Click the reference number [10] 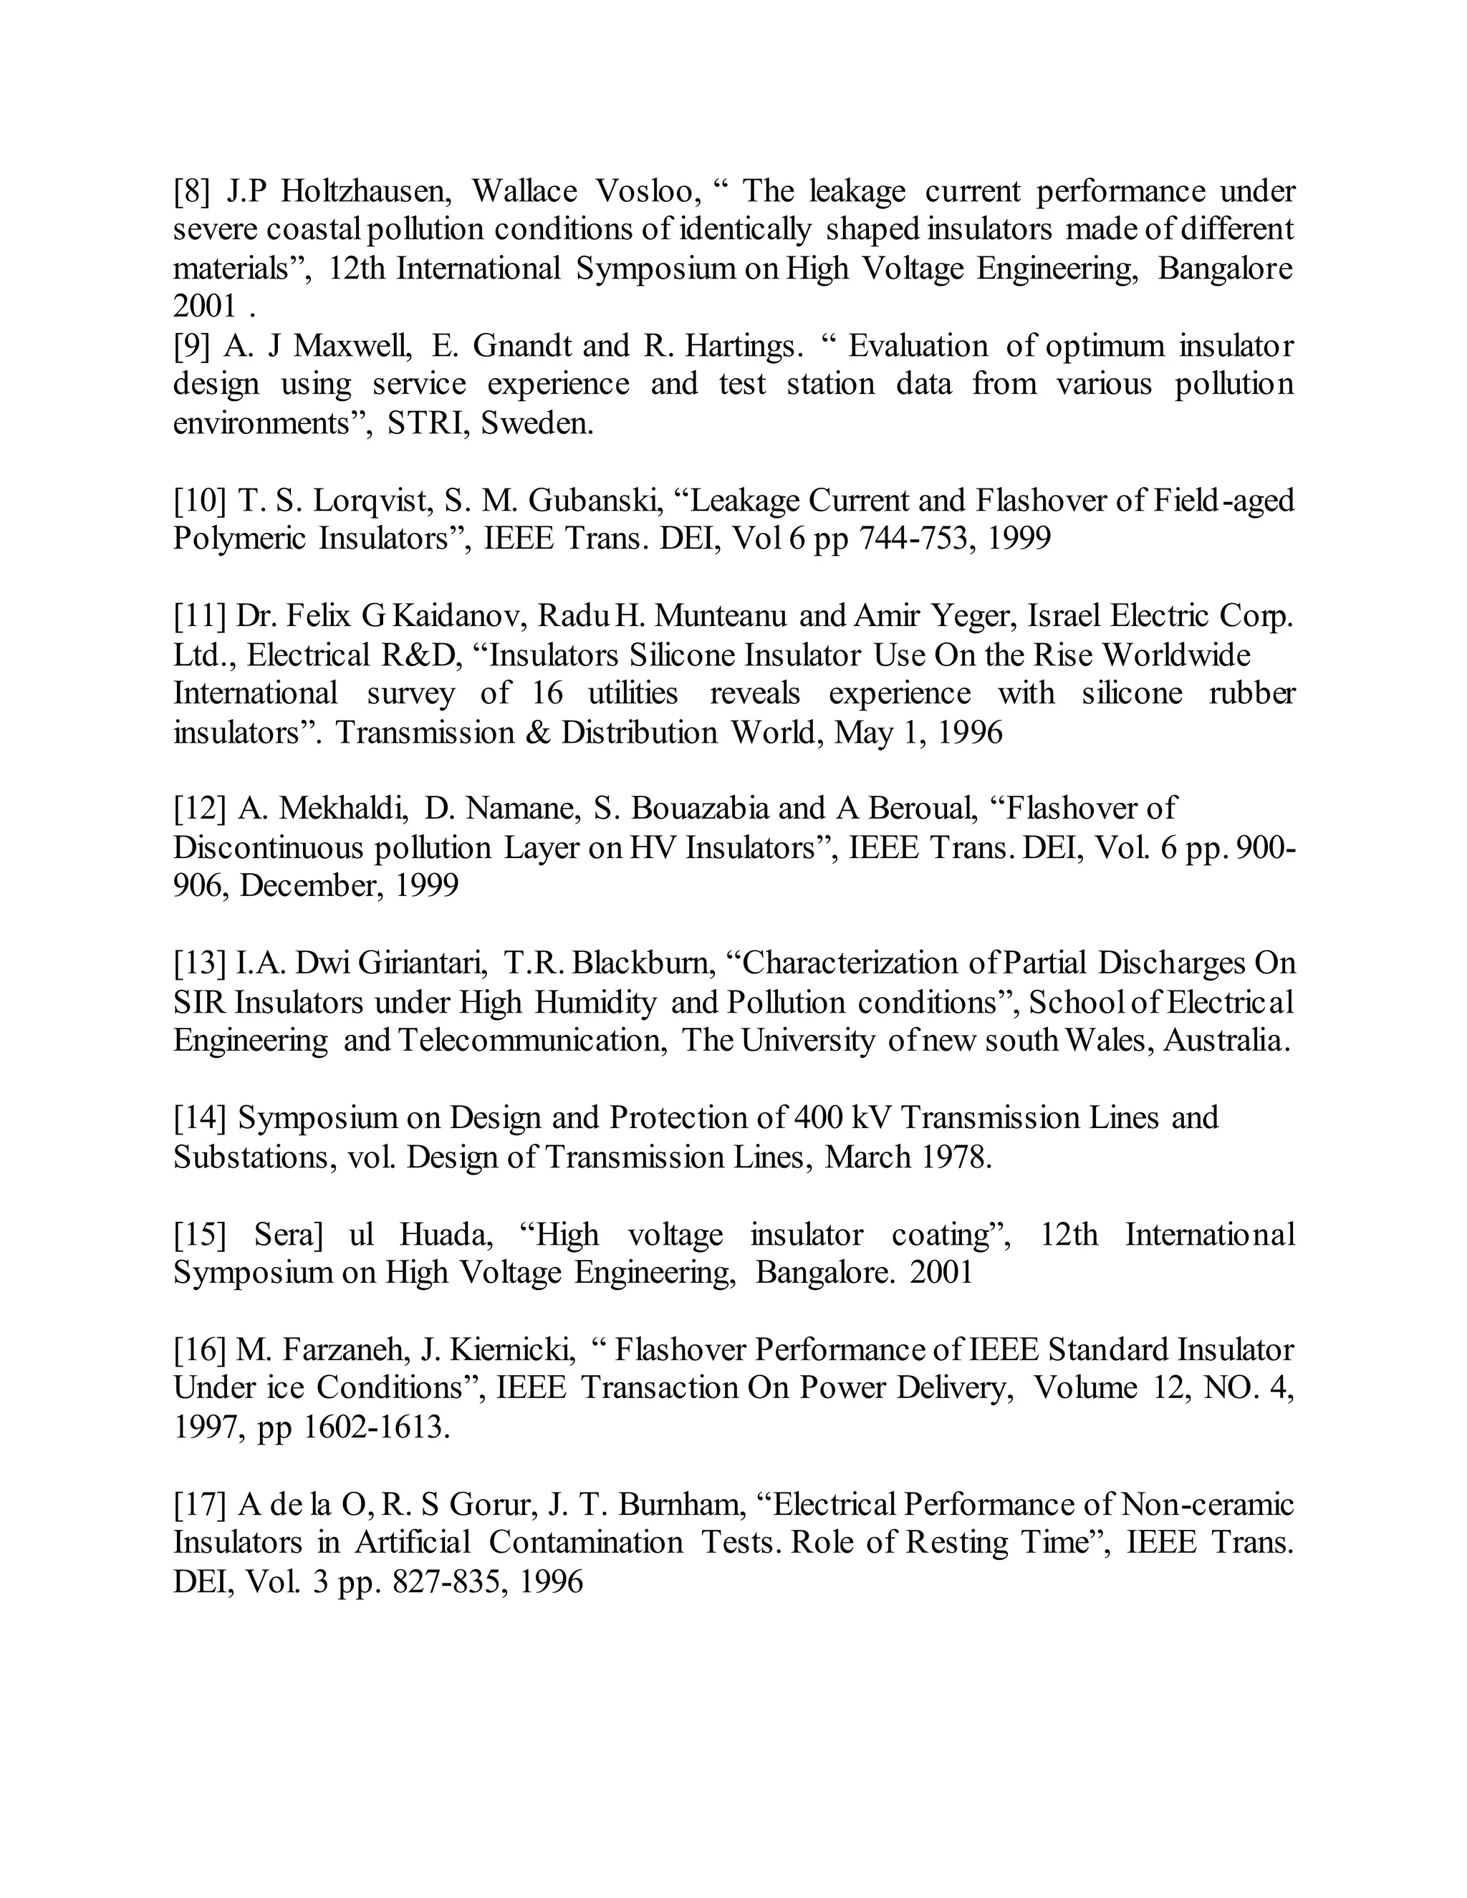click(x=200, y=501)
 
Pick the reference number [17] click(x=200, y=1504)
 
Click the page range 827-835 click(x=448, y=1581)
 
